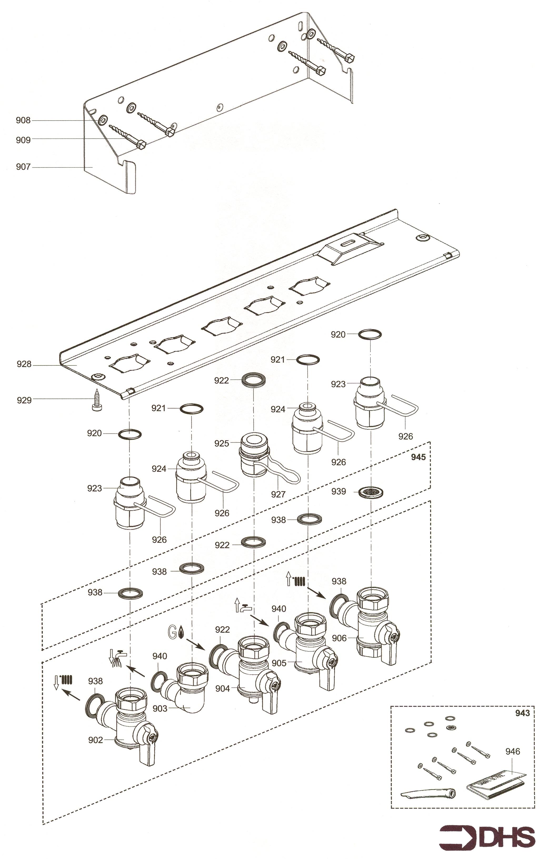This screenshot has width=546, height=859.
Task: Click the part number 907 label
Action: click(23, 166)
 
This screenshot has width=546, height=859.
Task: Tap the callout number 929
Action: click(24, 400)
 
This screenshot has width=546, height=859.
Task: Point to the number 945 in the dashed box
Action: click(418, 457)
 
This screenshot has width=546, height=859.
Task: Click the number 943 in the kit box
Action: click(523, 713)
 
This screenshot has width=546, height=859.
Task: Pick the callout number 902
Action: click(95, 740)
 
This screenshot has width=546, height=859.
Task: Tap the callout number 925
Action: click(221, 443)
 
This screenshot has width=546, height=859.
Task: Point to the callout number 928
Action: click(24, 364)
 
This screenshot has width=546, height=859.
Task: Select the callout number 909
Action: click(23, 140)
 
